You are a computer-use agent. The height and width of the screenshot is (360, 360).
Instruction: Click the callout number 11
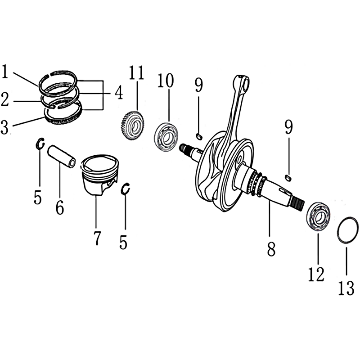pyautogui.click(x=137, y=72)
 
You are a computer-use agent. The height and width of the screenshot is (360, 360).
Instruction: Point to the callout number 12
pyautogui.click(x=316, y=274)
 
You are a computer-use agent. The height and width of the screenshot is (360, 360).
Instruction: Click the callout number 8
pyautogui.click(x=271, y=249)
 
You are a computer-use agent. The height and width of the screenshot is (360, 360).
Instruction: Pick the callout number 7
pyautogui.click(x=98, y=238)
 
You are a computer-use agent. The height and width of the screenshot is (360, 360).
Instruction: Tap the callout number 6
pyautogui.click(x=60, y=207)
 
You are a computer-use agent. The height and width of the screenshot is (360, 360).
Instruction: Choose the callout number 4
pyautogui.click(x=119, y=93)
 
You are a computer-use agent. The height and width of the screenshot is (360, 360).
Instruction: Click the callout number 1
pyautogui.click(x=5, y=72)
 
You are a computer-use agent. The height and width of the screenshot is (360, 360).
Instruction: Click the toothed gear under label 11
pyautogui.click(x=132, y=125)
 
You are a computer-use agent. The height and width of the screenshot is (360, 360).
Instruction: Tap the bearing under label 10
pyautogui.click(x=166, y=137)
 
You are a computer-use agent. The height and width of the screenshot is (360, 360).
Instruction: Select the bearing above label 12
pyautogui.click(x=319, y=216)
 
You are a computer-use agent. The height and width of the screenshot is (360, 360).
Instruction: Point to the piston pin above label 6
pyautogui.click(x=62, y=156)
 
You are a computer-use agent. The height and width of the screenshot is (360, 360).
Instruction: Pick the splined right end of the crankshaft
pyautogui.click(x=298, y=203)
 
